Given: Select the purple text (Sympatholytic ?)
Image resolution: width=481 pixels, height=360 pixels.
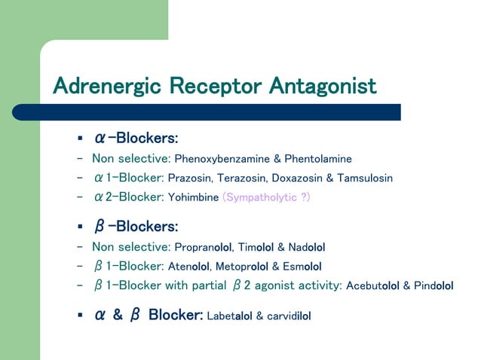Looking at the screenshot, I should (266, 198).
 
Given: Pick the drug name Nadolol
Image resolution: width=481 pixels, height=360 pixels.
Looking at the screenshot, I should (305, 247).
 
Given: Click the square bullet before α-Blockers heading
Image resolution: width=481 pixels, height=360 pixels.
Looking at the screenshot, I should (79, 139).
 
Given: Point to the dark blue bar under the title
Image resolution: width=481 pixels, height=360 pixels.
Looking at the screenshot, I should (226, 111).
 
